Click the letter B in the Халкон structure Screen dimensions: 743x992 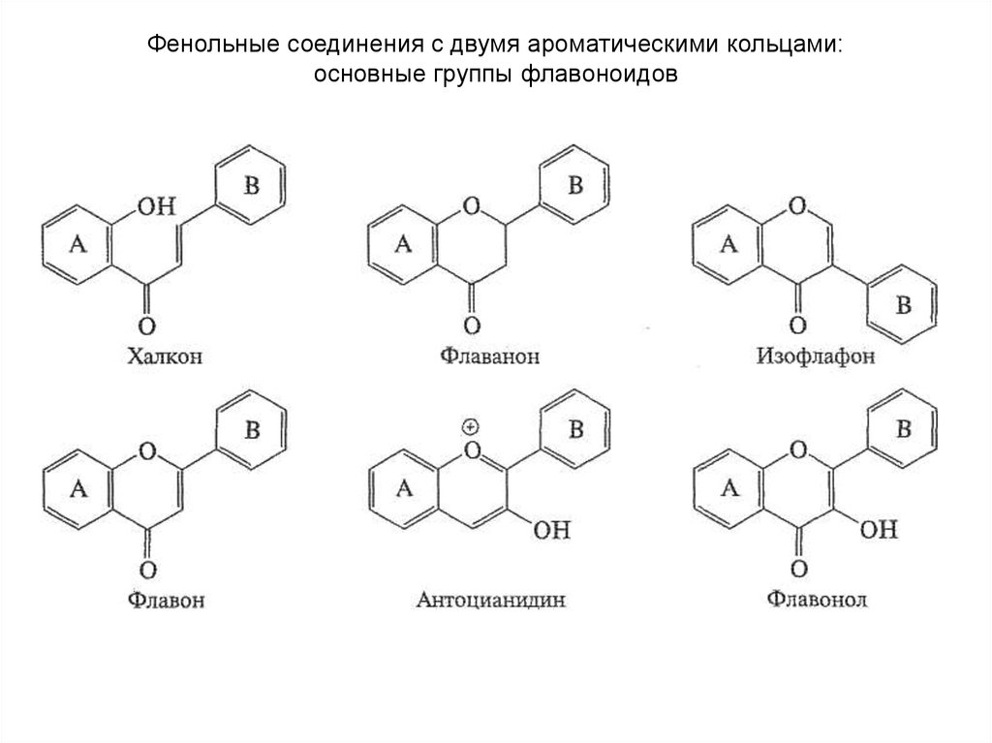(251, 187)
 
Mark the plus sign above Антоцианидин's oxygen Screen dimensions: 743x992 (472, 427)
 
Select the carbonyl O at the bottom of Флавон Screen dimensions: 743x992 (146, 568)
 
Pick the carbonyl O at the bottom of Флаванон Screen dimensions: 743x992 (472, 325)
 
